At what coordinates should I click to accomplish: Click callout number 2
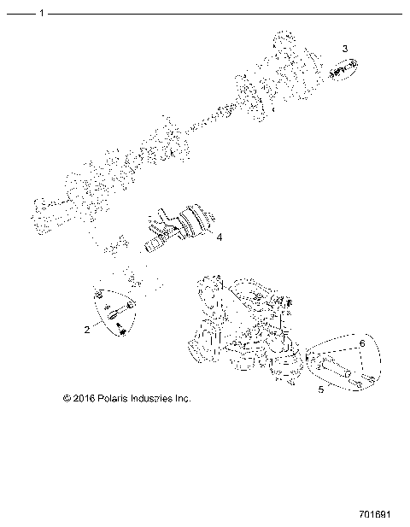click(x=86, y=327)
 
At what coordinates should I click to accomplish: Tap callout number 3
click(x=345, y=49)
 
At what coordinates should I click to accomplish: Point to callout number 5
click(x=321, y=389)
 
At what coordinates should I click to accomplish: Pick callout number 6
click(x=362, y=343)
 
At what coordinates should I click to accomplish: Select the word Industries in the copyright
click(x=156, y=398)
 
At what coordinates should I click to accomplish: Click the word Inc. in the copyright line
click(x=184, y=398)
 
